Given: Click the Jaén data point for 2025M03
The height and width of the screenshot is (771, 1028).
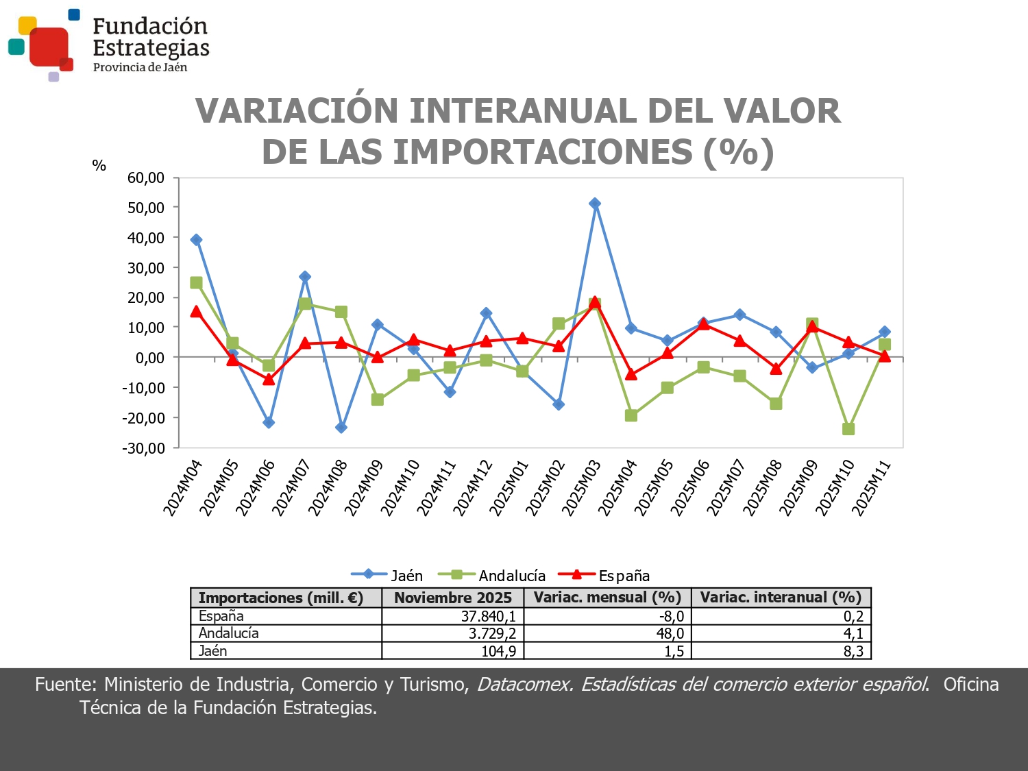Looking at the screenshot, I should (x=595, y=204).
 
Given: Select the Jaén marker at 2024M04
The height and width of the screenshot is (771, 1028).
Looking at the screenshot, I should (x=196, y=240).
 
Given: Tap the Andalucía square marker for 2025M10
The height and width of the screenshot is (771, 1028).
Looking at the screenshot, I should (x=848, y=429).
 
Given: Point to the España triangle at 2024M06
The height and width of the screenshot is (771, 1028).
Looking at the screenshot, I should (x=269, y=380).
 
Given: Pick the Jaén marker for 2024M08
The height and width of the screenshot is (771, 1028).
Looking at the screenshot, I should (x=341, y=428).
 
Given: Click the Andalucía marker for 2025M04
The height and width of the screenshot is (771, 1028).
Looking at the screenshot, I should (x=631, y=415).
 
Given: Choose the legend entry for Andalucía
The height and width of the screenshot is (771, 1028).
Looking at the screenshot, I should (x=491, y=576).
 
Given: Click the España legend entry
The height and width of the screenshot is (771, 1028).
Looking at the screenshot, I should (x=604, y=576).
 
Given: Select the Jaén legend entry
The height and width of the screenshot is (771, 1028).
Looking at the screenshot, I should (x=387, y=576).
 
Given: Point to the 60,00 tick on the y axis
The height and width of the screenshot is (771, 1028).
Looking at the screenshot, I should (x=146, y=178).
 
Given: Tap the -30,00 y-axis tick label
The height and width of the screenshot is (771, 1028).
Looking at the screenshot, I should (x=144, y=448).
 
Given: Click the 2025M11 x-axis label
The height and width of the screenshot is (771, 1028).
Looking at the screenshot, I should (x=871, y=487).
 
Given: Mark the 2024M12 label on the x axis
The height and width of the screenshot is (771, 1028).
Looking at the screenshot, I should (x=472, y=487).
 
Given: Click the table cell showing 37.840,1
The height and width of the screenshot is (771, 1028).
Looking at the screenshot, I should (x=488, y=616).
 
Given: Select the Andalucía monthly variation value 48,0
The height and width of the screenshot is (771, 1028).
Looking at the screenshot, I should (x=670, y=633).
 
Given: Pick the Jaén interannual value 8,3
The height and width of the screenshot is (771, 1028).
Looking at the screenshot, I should (x=853, y=651).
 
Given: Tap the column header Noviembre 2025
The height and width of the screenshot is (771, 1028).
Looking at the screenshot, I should (x=452, y=598).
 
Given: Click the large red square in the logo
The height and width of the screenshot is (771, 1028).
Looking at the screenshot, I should (x=49, y=47).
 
